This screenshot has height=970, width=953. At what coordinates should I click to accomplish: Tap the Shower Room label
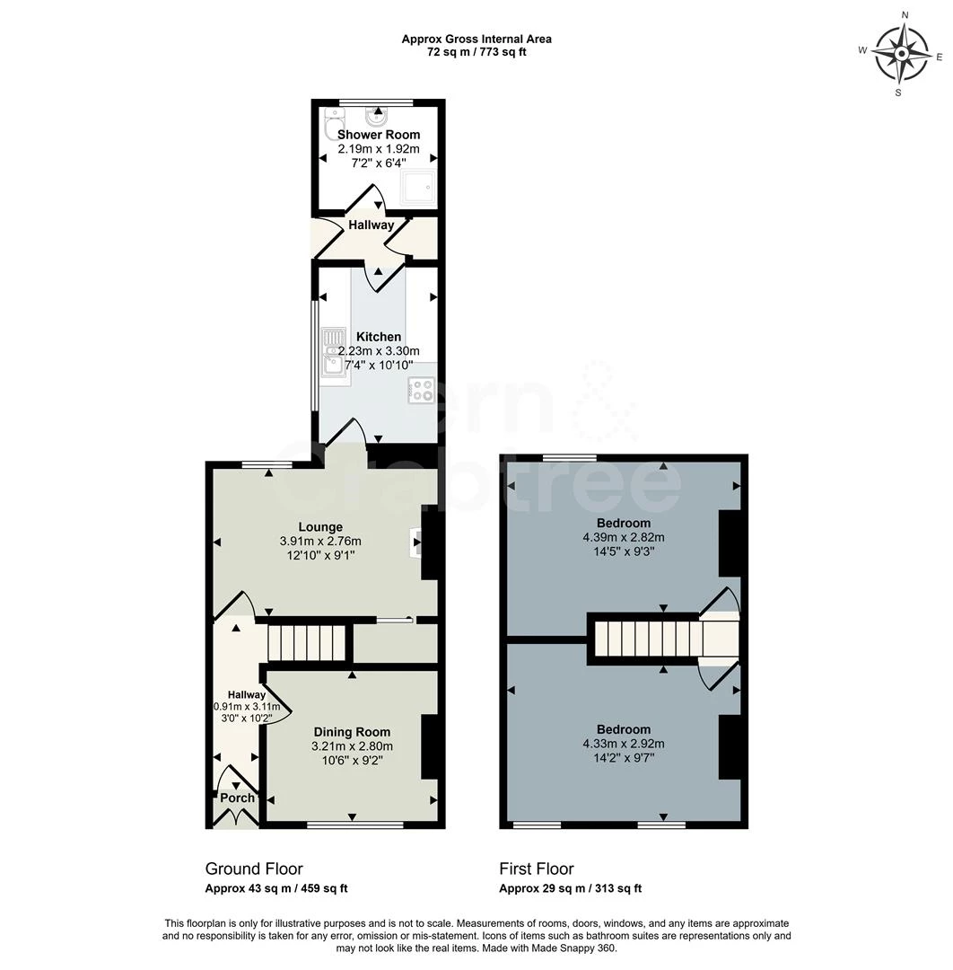click(x=379, y=135)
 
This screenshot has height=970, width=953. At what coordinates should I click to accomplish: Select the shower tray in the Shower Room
click(x=419, y=186)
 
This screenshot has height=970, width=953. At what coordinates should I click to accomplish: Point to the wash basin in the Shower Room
click(x=377, y=117)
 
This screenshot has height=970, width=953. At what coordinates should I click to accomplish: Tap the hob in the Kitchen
click(x=421, y=391)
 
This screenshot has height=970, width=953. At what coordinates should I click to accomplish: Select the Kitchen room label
click(x=379, y=337)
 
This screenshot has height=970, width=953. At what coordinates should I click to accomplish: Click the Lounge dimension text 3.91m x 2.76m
click(x=320, y=541)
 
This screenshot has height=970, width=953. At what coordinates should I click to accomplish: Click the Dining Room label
click(x=352, y=732)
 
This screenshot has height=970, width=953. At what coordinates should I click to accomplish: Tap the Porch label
click(x=238, y=798)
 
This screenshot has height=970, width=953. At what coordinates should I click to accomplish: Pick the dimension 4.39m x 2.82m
click(x=624, y=537)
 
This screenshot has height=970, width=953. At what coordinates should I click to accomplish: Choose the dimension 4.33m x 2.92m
click(x=624, y=744)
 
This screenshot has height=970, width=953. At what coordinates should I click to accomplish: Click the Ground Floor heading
click(x=254, y=869)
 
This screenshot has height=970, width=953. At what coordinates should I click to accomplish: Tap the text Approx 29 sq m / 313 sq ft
click(x=571, y=888)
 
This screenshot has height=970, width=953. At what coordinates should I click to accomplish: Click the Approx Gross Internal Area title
click(x=476, y=39)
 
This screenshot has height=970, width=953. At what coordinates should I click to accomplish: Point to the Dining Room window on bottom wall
click(x=354, y=824)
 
